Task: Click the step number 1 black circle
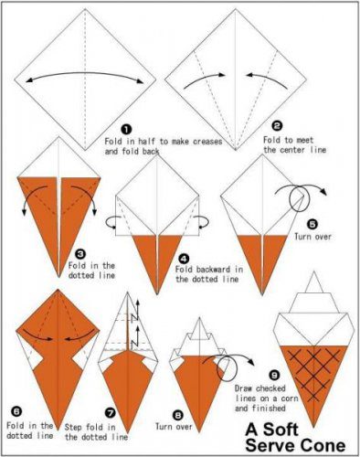pos(126,130)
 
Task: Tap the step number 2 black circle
pos(277,126)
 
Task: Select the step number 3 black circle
pos(80,253)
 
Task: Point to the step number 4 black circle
pos(184,259)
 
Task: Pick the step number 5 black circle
pos(312,225)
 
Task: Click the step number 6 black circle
pos(16,412)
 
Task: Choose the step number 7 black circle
pos(111,413)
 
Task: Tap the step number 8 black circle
pos(178,415)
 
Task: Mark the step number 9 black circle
pos(274,375)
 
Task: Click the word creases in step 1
pos(207,142)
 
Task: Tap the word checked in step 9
pos(270,388)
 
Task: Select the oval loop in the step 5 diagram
pos(290,198)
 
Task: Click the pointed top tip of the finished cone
pos(314,271)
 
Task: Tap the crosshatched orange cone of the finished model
pos(313,381)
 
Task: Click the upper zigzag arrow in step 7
pos(135,311)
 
